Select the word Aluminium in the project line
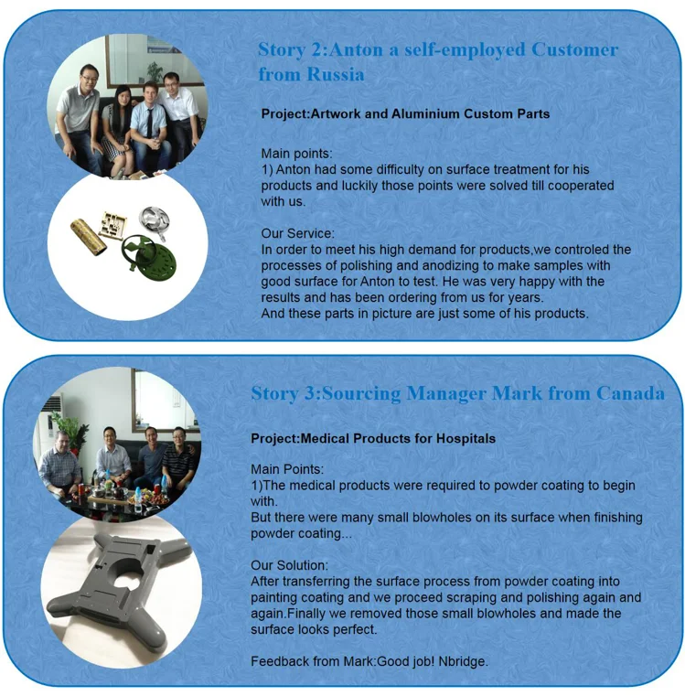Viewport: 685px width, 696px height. [x=413, y=114]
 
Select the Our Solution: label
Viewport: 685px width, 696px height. [x=289, y=566]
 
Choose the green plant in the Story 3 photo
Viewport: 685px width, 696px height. [x=70, y=430]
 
